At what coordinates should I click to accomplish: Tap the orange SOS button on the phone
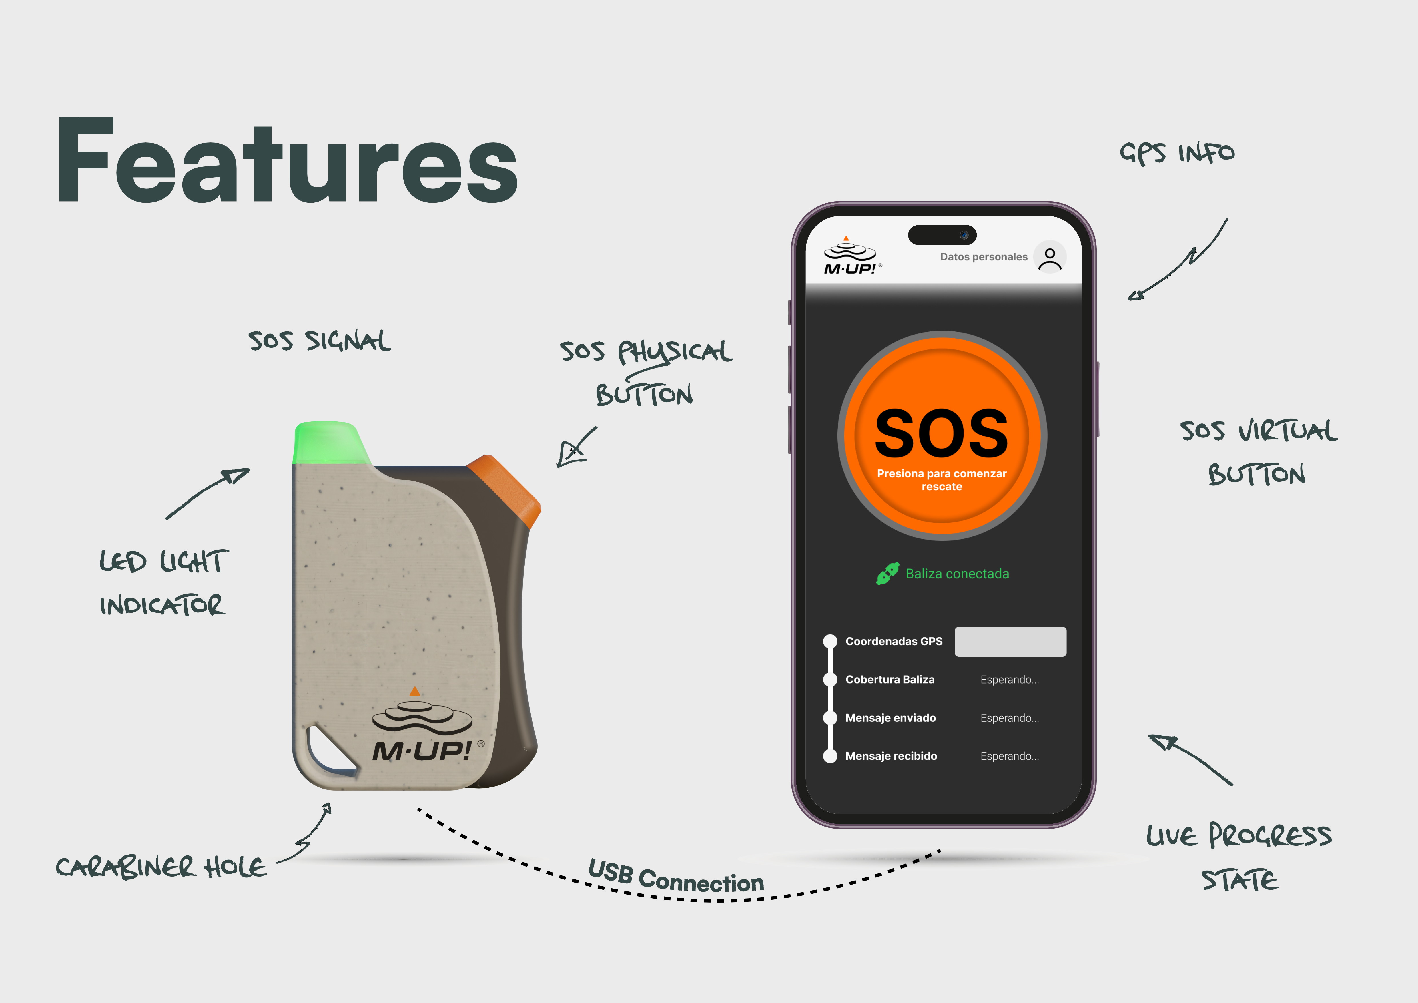pos(942,435)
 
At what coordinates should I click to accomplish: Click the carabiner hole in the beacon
pos(329,749)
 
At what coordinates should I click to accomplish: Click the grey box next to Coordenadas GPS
pos(1010,642)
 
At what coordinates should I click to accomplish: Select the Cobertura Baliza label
pos(890,679)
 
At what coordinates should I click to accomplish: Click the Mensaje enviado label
pos(891,718)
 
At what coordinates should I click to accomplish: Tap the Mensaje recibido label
pos(891,756)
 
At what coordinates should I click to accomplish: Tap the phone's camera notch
pos(942,235)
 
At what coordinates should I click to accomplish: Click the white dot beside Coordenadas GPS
pos(830,641)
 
